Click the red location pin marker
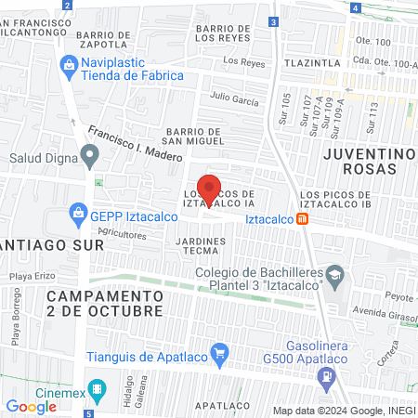209,189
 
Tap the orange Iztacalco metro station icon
303,219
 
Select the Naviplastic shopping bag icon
67,65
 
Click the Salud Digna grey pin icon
89,155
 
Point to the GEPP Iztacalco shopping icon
79,216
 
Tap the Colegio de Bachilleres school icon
336,275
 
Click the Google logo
31,406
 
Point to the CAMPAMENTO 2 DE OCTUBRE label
105,302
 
